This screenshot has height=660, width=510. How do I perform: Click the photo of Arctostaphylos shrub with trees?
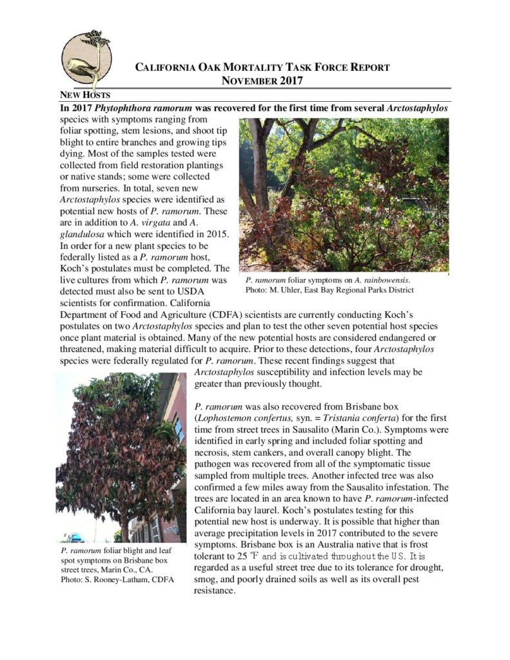pyautogui.click(x=343, y=195)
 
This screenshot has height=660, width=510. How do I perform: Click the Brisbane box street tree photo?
pyautogui.click(x=121, y=458)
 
